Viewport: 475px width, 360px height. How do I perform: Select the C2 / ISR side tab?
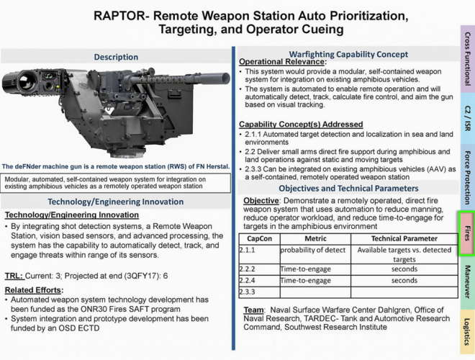click(x=467, y=117)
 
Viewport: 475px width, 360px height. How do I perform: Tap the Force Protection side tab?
click(x=467, y=178)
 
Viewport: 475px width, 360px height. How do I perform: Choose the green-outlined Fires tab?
click(x=467, y=234)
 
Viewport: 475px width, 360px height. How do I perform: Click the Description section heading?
click(x=116, y=57)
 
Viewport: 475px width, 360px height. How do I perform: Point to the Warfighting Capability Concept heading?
click(x=348, y=54)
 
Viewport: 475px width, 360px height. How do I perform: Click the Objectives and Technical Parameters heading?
click(x=348, y=187)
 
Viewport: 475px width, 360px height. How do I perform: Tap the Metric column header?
click(x=315, y=238)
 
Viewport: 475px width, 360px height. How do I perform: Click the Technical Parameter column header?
click(x=404, y=238)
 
